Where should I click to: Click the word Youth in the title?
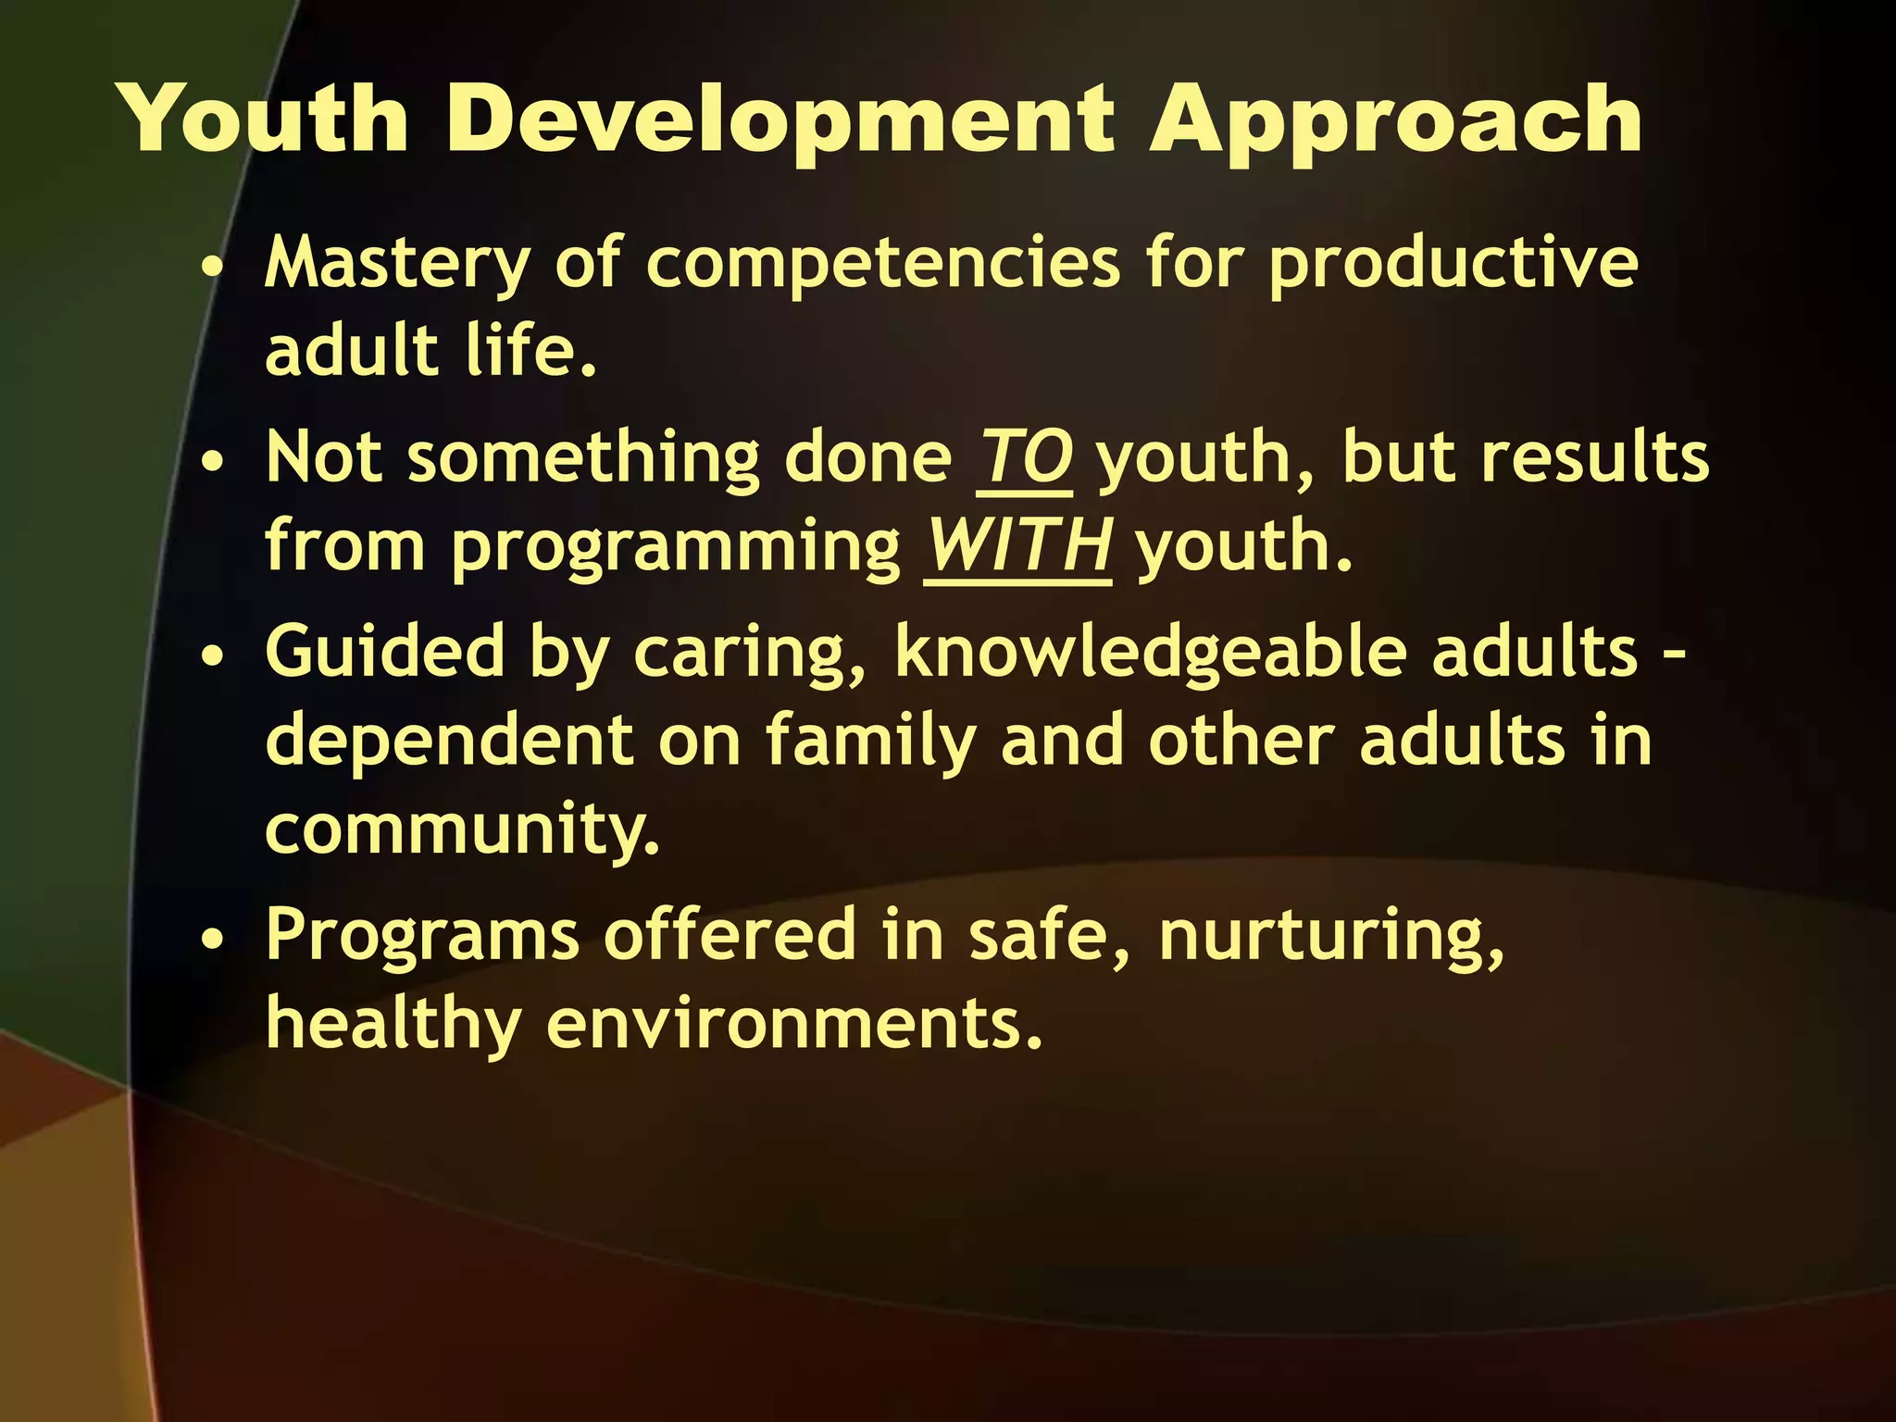click(264, 120)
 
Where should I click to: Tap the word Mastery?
click(396, 264)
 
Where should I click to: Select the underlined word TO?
click(1024, 457)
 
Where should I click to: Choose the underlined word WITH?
click(1018, 546)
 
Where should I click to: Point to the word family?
click(871, 742)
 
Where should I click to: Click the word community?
click(463, 829)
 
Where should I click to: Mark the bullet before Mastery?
click(214, 268)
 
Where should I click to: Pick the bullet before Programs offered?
click(214, 940)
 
